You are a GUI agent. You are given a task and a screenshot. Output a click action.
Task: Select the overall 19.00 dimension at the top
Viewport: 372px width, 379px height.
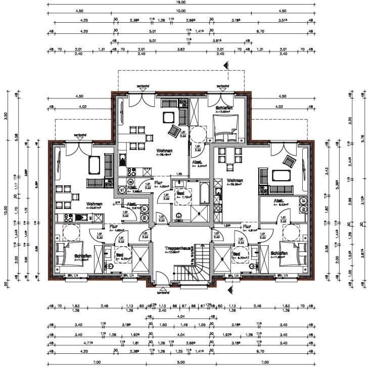(x=181, y=2)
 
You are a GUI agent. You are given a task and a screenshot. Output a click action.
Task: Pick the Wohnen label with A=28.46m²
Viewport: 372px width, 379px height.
(x=164, y=151)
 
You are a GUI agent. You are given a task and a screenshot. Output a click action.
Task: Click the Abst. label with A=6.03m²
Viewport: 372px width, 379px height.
(x=278, y=200)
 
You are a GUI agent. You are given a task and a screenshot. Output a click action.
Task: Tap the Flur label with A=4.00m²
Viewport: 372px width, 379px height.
(x=158, y=183)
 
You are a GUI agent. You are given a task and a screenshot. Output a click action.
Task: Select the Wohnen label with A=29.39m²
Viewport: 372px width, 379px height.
(x=235, y=180)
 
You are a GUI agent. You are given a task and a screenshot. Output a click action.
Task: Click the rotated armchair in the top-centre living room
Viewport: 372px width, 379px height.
(x=174, y=131)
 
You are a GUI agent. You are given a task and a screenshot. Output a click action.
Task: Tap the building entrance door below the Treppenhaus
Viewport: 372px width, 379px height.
(x=163, y=281)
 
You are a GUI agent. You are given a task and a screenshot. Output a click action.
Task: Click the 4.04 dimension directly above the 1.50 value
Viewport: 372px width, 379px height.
(x=180, y=316)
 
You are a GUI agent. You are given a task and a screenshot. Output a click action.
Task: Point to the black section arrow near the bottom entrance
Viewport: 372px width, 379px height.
(x=229, y=290)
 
